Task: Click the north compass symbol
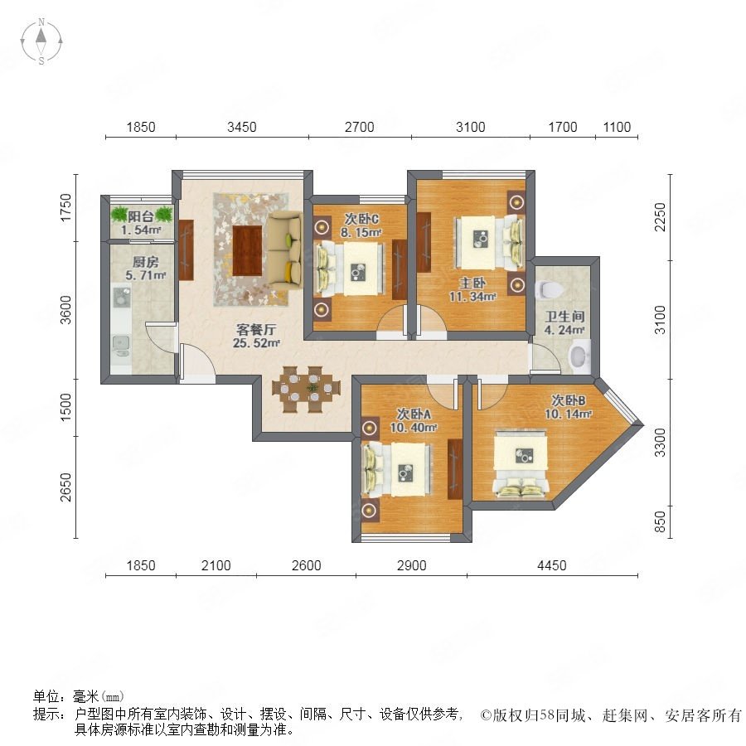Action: pyautogui.click(x=41, y=41)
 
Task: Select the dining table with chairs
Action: pyautogui.click(x=307, y=390)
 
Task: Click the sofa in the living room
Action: pyautogui.click(x=284, y=250)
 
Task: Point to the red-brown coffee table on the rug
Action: pyautogui.click(x=247, y=250)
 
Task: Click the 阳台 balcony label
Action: pyautogui.click(x=140, y=217)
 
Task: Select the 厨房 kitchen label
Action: pyautogui.click(x=145, y=262)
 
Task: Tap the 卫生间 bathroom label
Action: pyautogui.click(x=564, y=317)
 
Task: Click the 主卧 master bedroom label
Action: pyautogui.click(x=472, y=283)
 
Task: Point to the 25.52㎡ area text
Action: pyautogui.click(x=256, y=342)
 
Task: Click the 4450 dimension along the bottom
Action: pyautogui.click(x=551, y=565)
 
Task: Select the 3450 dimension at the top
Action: pyautogui.click(x=242, y=127)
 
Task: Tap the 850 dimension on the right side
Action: pyautogui.click(x=660, y=522)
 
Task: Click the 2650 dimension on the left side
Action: pyautogui.click(x=65, y=487)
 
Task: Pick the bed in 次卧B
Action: pyautogui.click(x=521, y=464)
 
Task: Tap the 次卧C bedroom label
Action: pyautogui.click(x=361, y=219)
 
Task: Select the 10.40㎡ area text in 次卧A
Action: pyautogui.click(x=414, y=427)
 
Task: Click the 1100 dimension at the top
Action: pyautogui.click(x=617, y=127)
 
